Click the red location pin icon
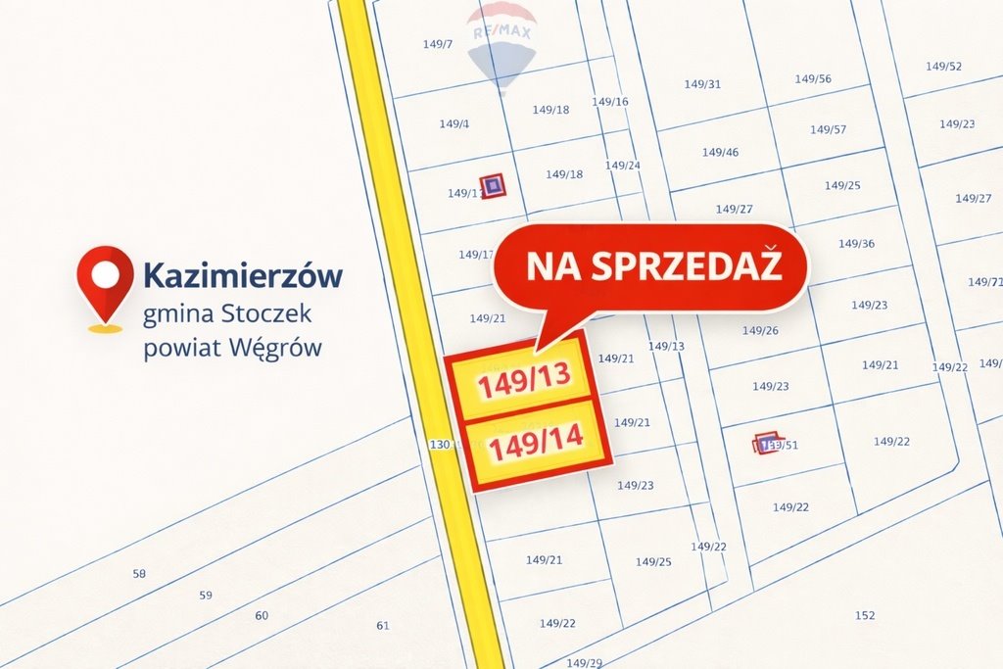click(x=105, y=282)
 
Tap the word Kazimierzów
click(x=243, y=275)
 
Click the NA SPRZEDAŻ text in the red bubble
click(x=653, y=265)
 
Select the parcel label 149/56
click(x=813, y=79)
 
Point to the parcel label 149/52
click(x=943, y=67)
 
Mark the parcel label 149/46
click(x=720, y=153)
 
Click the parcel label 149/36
click(x=856, y=244)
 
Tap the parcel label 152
click(x=865, y=615)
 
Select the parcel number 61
click(x=383, y=626)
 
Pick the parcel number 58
click(x=139, y=574)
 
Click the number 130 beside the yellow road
click(x=440, y=445)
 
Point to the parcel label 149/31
click(x=702, y=84)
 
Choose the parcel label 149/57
click(x=828, y=129)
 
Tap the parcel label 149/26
click(x=760, y=331)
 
